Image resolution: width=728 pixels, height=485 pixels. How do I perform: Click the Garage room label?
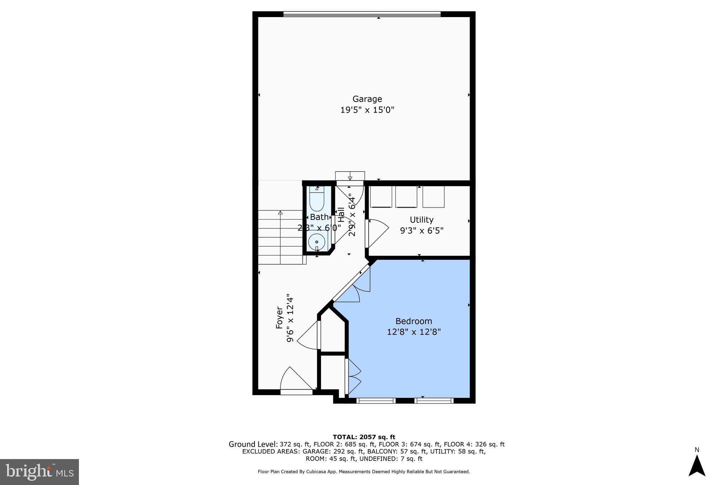(367, 99)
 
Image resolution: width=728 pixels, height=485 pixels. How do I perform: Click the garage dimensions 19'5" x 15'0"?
(367, 110)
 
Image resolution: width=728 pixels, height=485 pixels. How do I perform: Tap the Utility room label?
(421, 220)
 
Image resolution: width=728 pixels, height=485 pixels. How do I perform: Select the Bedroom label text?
(413, 321)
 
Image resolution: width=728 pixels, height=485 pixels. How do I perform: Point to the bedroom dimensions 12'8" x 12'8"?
(413, 332)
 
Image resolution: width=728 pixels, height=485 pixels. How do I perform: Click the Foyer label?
(279, 317)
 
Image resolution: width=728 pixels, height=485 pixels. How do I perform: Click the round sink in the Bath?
(316, 242)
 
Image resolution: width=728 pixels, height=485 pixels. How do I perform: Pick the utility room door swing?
(377, 233)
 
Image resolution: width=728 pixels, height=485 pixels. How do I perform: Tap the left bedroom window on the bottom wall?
(376, 401)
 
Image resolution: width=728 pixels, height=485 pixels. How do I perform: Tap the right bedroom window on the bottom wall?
(434, 401)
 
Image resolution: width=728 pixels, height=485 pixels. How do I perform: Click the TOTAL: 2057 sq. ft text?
(364, 437)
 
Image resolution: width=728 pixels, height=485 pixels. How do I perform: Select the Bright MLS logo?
(39, 472)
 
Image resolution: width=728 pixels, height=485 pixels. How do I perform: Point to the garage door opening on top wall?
(362, 14)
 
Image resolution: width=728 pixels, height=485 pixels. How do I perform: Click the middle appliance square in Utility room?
(406, 196)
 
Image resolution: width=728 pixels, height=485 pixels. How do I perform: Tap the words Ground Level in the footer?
(253, 444)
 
